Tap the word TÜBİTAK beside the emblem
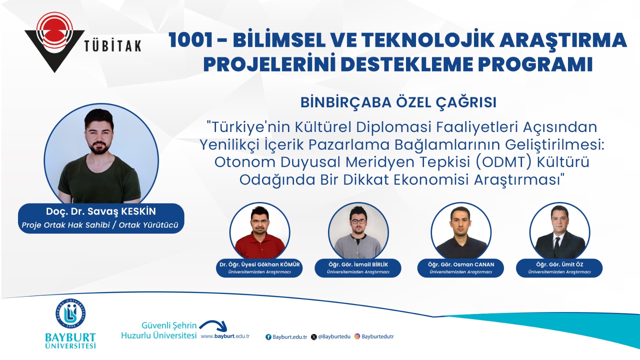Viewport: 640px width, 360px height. pos(113,46)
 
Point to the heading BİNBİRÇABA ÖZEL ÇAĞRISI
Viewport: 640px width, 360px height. pos(398,102)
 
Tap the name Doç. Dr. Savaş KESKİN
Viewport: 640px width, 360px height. pos(101,212)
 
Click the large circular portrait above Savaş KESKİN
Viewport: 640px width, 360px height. pos(101,154)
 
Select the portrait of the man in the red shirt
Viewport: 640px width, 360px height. pos(260,231)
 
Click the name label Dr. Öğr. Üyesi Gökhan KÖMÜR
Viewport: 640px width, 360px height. pos(260,264)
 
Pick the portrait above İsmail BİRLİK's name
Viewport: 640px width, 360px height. pos(358,231)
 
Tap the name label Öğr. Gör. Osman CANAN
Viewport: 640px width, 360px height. pos(461,264)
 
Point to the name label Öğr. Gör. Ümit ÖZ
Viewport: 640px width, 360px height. pos(560,264)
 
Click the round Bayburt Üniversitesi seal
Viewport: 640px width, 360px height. pos(70,314)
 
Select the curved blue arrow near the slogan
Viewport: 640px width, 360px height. pos(214,326)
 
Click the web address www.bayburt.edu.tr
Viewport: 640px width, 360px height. pos(225,336)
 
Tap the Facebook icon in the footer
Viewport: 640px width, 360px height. pos(268,337)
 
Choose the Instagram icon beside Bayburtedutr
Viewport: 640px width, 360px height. pos(357,336)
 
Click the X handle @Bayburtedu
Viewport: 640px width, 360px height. pos(334,336)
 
